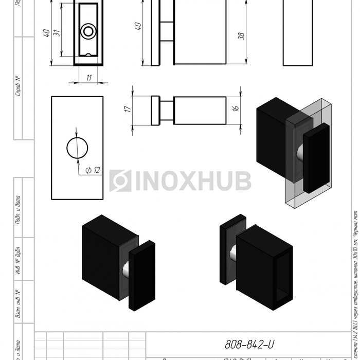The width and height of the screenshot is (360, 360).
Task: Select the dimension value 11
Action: pyautogui.click(x=89, y=77)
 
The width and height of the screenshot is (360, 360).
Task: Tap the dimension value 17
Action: pyautogui.click(x=128, y=109)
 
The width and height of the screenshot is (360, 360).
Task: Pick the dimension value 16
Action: pyautogui.click(x=236, y=109)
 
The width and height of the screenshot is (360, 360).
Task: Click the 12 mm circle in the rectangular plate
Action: pyautogui.click(x=77, y=148)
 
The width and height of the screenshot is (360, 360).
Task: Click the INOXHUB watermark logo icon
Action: pyautogui.click(x=120, y=181)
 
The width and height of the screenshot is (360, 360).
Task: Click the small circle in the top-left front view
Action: pyautogui.click(x=88, y=32)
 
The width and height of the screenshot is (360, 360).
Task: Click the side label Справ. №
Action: pyautogui.click(x=18, y=86)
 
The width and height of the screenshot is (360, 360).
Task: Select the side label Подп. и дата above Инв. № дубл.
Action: pyautogui.click(x=18, y=209)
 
